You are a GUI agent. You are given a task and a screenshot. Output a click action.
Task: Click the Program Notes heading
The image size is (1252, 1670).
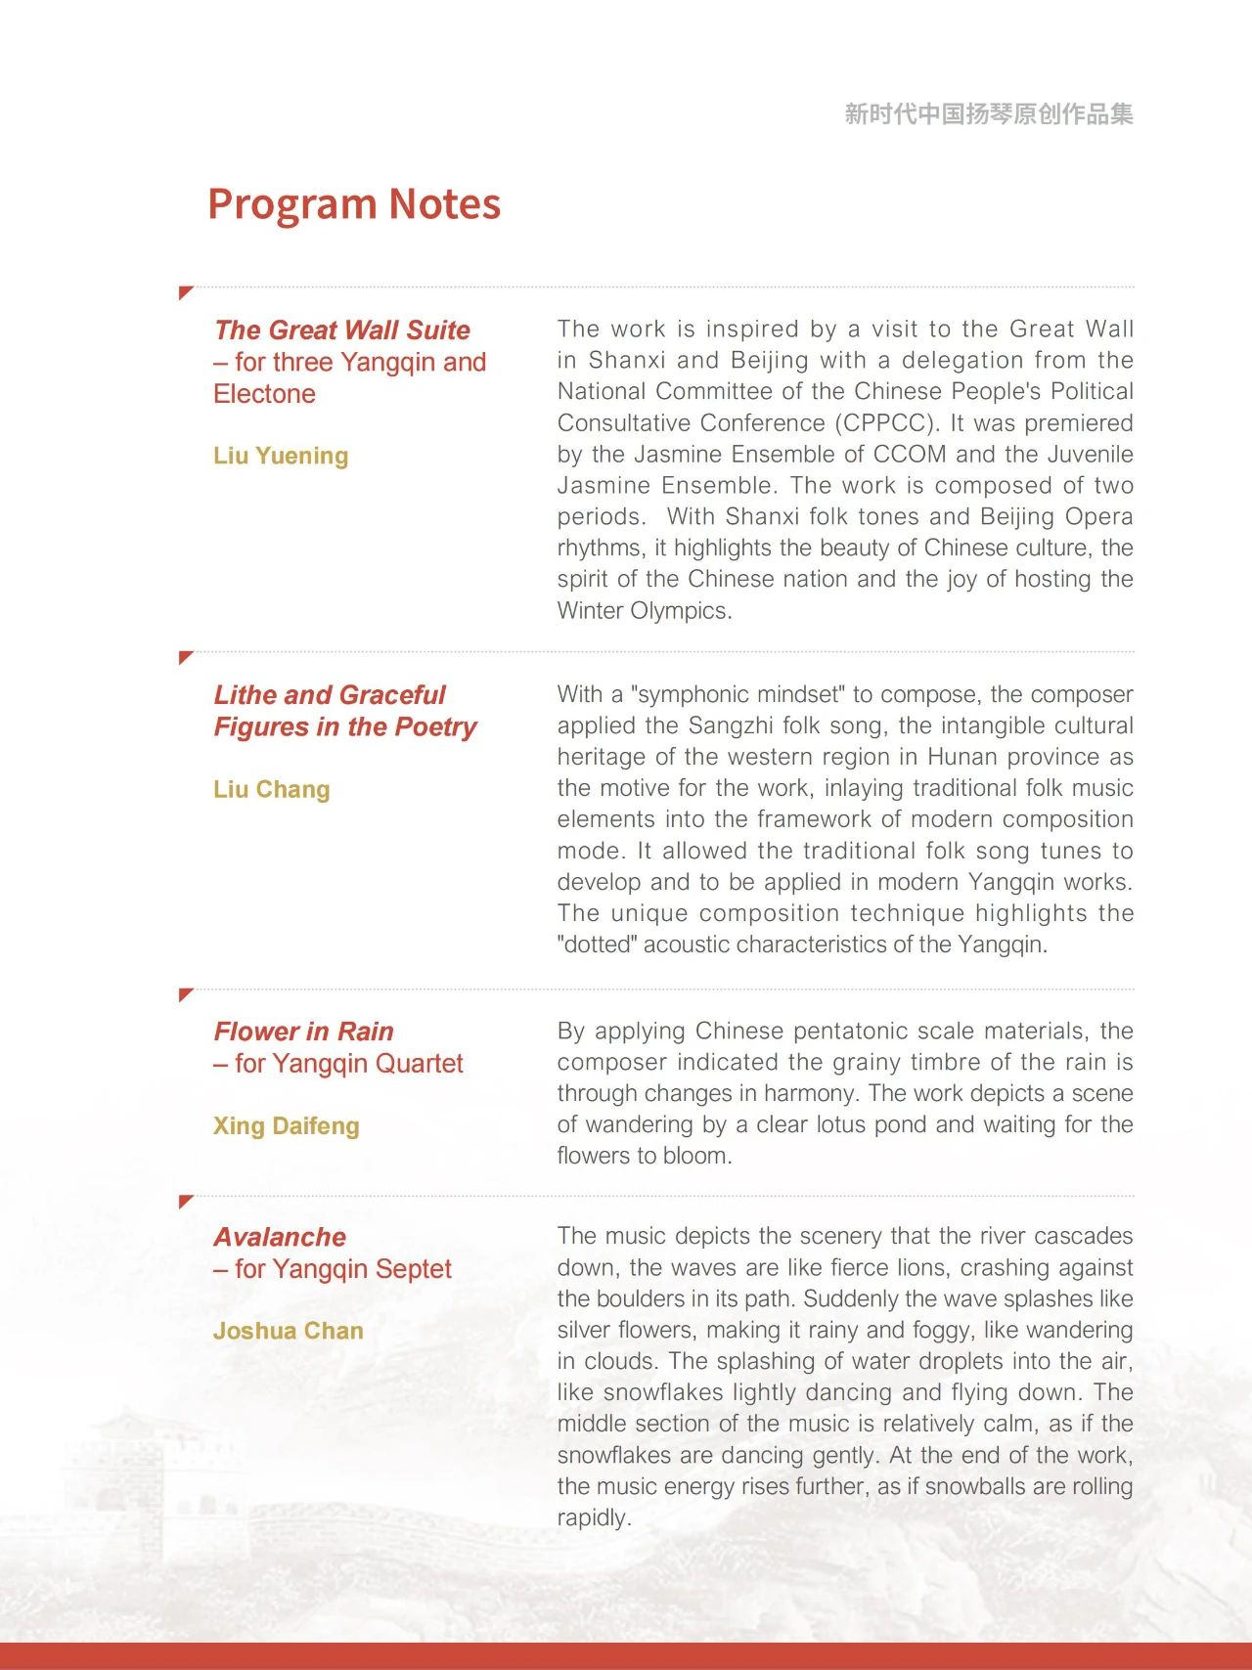354,204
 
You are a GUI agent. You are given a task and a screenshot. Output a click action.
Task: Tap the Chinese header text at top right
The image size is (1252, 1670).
988,114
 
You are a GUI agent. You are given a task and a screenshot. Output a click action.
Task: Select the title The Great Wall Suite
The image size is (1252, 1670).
341,330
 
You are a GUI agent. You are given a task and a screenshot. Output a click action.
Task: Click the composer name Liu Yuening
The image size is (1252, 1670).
281,456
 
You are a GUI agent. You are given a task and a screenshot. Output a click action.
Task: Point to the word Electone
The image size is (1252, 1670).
264,394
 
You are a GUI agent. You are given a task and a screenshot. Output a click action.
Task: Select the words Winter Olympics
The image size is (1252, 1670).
644,611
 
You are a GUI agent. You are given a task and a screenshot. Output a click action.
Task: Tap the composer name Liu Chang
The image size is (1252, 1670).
271,789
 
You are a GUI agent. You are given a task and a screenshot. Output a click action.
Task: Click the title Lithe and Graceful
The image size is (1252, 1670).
330,695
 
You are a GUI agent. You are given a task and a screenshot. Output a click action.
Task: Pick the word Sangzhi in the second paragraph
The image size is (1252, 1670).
728,725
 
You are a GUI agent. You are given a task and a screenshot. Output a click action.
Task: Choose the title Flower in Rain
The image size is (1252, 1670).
303,1032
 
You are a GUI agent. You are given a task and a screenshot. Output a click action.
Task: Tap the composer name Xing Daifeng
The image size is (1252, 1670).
286,1126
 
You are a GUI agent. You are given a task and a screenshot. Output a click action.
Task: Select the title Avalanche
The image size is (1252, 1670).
280,1237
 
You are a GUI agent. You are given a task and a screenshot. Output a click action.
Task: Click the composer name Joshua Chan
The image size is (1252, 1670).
288,1331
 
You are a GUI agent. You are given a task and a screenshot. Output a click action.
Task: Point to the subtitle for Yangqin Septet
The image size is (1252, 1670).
333,1269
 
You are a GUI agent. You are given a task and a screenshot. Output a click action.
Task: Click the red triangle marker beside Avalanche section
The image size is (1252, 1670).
185,1201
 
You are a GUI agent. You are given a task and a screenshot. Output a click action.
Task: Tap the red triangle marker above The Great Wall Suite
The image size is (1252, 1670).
185,292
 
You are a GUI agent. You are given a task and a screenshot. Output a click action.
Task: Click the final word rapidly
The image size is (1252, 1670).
593,1518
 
